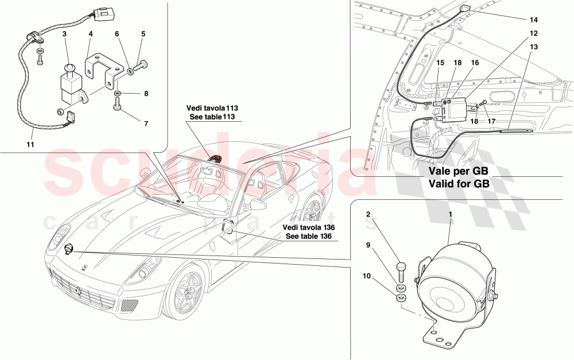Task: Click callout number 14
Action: point(533,20)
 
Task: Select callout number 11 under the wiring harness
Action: point(30,145)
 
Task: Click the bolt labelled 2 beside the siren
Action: point(401,270)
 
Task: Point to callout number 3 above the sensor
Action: point(65,35)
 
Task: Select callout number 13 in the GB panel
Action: point(533,47)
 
